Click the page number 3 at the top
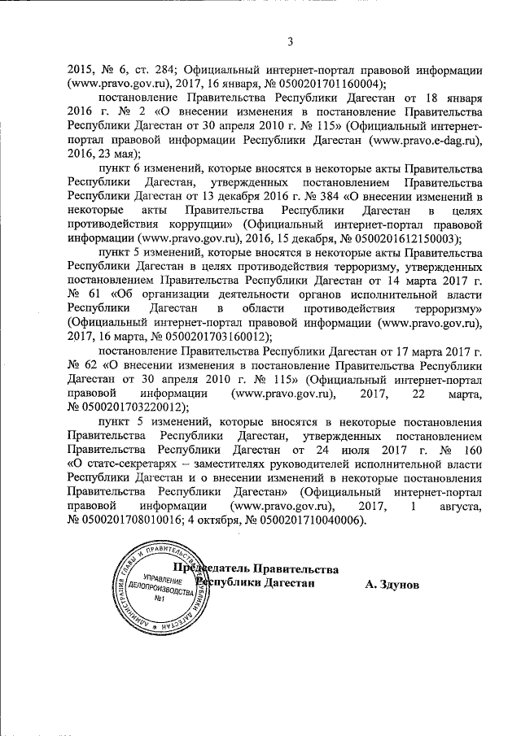pyautogui.click(x=289, y=42)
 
